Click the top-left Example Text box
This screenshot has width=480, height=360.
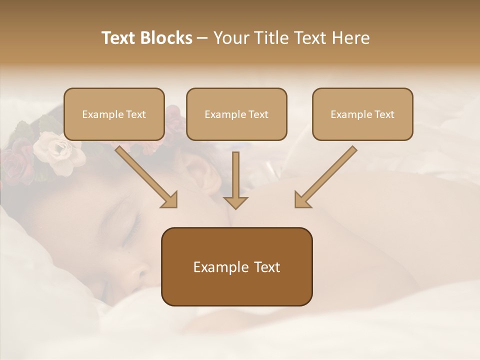coord(114,114)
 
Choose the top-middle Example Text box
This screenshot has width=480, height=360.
coord(236,114)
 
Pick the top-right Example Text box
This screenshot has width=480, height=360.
coord(362,114)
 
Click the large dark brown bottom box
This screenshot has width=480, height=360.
coord(236,266)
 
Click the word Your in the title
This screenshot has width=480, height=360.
coord(229,38)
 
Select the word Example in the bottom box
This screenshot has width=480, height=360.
coord(214,267)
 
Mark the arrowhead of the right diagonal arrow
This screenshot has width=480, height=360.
coord(301,200)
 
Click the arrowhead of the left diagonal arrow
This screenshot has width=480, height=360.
coord(170,200)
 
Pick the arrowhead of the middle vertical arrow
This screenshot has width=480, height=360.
coord(235,202)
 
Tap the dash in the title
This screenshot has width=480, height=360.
coord(202,38)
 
